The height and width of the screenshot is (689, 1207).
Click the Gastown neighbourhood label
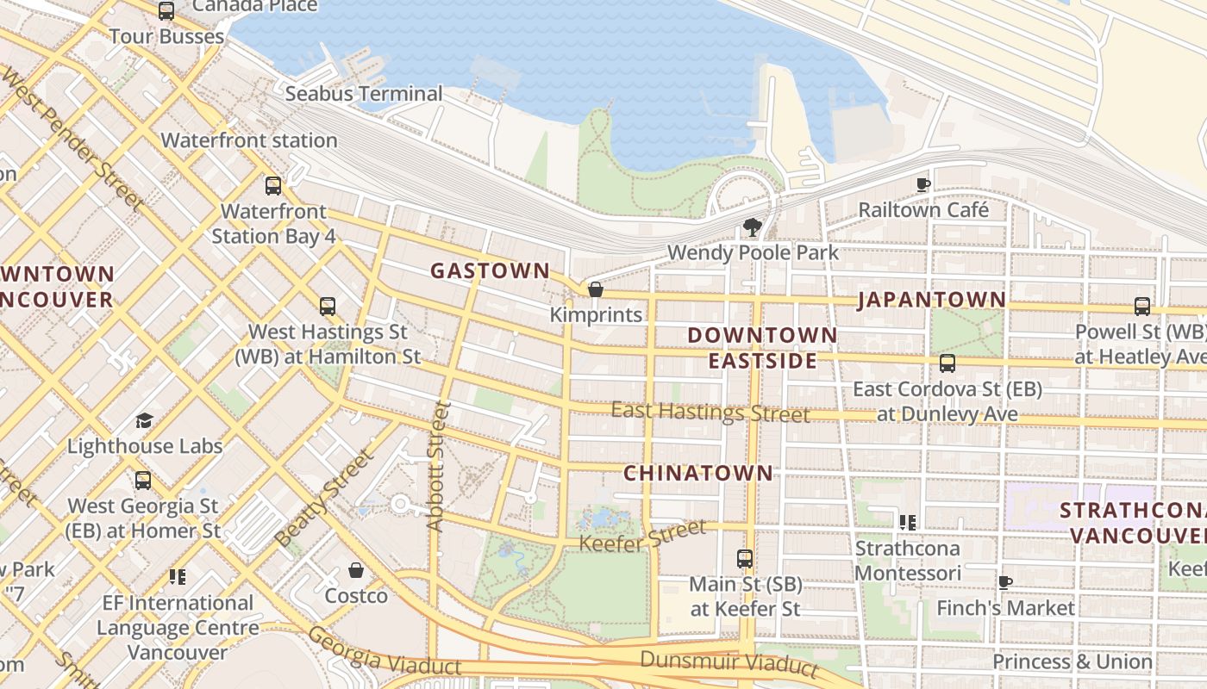click(x=490, y=270)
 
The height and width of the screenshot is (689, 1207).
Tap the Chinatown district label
click(x=698, y=473)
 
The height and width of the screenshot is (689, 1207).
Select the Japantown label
click(x=931, y=300)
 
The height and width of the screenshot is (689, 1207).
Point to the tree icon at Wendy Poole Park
click(x=752, y=227)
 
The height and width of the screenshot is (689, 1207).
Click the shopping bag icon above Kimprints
click(x=595, y=289)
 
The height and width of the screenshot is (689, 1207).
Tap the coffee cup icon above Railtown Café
click(x=922, y=184)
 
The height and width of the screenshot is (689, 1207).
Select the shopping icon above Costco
click(x=355, y=570)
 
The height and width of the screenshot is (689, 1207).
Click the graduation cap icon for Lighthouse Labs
click(x=144, y=420)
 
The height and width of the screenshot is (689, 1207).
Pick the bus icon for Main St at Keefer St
click(x=745, y=558)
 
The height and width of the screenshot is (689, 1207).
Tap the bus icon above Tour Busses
click(x=166, y=11)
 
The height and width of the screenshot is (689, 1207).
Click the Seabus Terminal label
click(x=364, y=93)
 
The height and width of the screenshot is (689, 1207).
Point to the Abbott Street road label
click(x=438, y=466)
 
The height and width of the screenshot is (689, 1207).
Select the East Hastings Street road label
click(x=710, y=412)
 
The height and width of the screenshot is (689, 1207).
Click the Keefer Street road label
click(x=642, y=536)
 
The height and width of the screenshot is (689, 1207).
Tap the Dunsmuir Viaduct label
click(x=729, y=662)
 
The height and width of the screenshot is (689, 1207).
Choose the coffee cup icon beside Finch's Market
click(x=1005, y=582)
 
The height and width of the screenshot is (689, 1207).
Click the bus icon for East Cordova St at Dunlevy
click(x=947, y=363)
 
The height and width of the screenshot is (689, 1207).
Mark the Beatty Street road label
click(x=325, y=498)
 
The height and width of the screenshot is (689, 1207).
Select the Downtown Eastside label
click(x=762, y=348)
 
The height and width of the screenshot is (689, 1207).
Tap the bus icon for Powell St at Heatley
click(x=1142, y=306)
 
